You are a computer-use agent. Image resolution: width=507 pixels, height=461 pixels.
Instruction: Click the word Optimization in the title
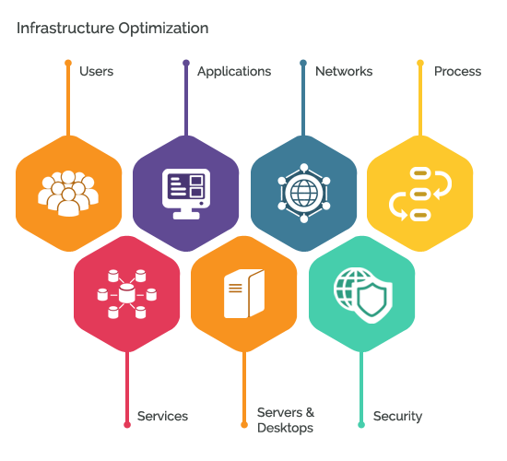click(x=163, y=29)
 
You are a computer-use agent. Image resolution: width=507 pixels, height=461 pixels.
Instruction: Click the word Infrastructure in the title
click(x=65, y=28)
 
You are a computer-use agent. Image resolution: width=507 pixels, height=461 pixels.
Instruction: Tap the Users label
click(x=97, y=71)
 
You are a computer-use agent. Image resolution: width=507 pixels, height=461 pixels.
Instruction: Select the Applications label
click(x=234, y=72)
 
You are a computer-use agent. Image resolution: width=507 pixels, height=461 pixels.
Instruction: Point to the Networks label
click(x=344, y=71)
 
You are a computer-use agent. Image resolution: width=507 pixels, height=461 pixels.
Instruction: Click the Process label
click(x=457, y=71)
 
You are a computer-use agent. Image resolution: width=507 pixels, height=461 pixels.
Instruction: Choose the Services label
click(x=162, y=416)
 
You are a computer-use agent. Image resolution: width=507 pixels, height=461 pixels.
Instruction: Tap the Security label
click(x=397, y=417)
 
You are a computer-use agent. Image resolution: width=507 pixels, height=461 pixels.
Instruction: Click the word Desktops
click(x=285, y=428)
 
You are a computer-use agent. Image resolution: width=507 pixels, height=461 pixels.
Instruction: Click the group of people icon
click(x=68, y=194)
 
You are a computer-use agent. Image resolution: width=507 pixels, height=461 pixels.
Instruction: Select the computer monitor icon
click(x=186, y=194)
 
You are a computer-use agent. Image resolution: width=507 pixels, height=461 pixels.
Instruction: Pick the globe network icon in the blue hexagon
click(x=304, y=193)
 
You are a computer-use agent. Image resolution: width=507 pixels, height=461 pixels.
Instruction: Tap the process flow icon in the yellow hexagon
click(x=420, y=194)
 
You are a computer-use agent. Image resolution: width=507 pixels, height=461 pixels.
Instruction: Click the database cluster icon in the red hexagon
click(x=127, y=294)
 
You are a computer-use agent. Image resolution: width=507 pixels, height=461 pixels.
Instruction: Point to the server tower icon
click(x=244, y=293)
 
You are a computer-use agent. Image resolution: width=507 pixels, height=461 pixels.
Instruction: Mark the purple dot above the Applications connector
click(x=186, y=63)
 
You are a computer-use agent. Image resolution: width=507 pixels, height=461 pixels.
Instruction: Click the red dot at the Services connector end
click(x=127, y=425)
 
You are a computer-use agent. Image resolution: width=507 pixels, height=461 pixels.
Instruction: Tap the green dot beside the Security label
click(x=361, y=425)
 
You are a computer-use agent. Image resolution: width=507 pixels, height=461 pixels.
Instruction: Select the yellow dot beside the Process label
click(x=420, y=63)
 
